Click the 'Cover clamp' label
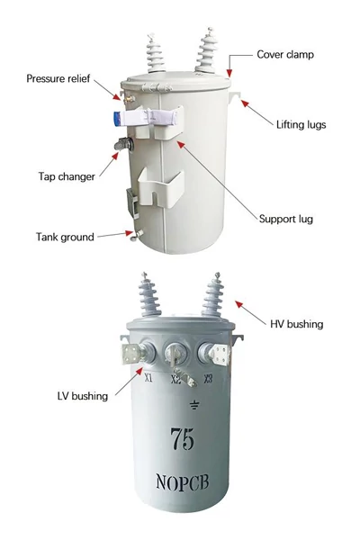tap(285, 55)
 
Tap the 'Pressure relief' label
tap(58, 78)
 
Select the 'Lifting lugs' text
tap(301, 125)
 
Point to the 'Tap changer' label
tap(67, 176)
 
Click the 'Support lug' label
tap(286, 219)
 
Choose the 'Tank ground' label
tap(65, 237)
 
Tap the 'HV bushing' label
tap(297, 324)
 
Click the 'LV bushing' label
tap(82, 396)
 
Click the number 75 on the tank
tap(182, 439)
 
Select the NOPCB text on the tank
tap(183, 481)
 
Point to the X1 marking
tap(148, 378)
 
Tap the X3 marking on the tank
tap(208, 379)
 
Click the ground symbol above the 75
tap(194, 404)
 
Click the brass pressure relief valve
tap(129, 99)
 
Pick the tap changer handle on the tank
tap(123, 144)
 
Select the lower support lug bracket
tap(161, 188)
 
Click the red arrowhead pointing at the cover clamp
tap(229, 73)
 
